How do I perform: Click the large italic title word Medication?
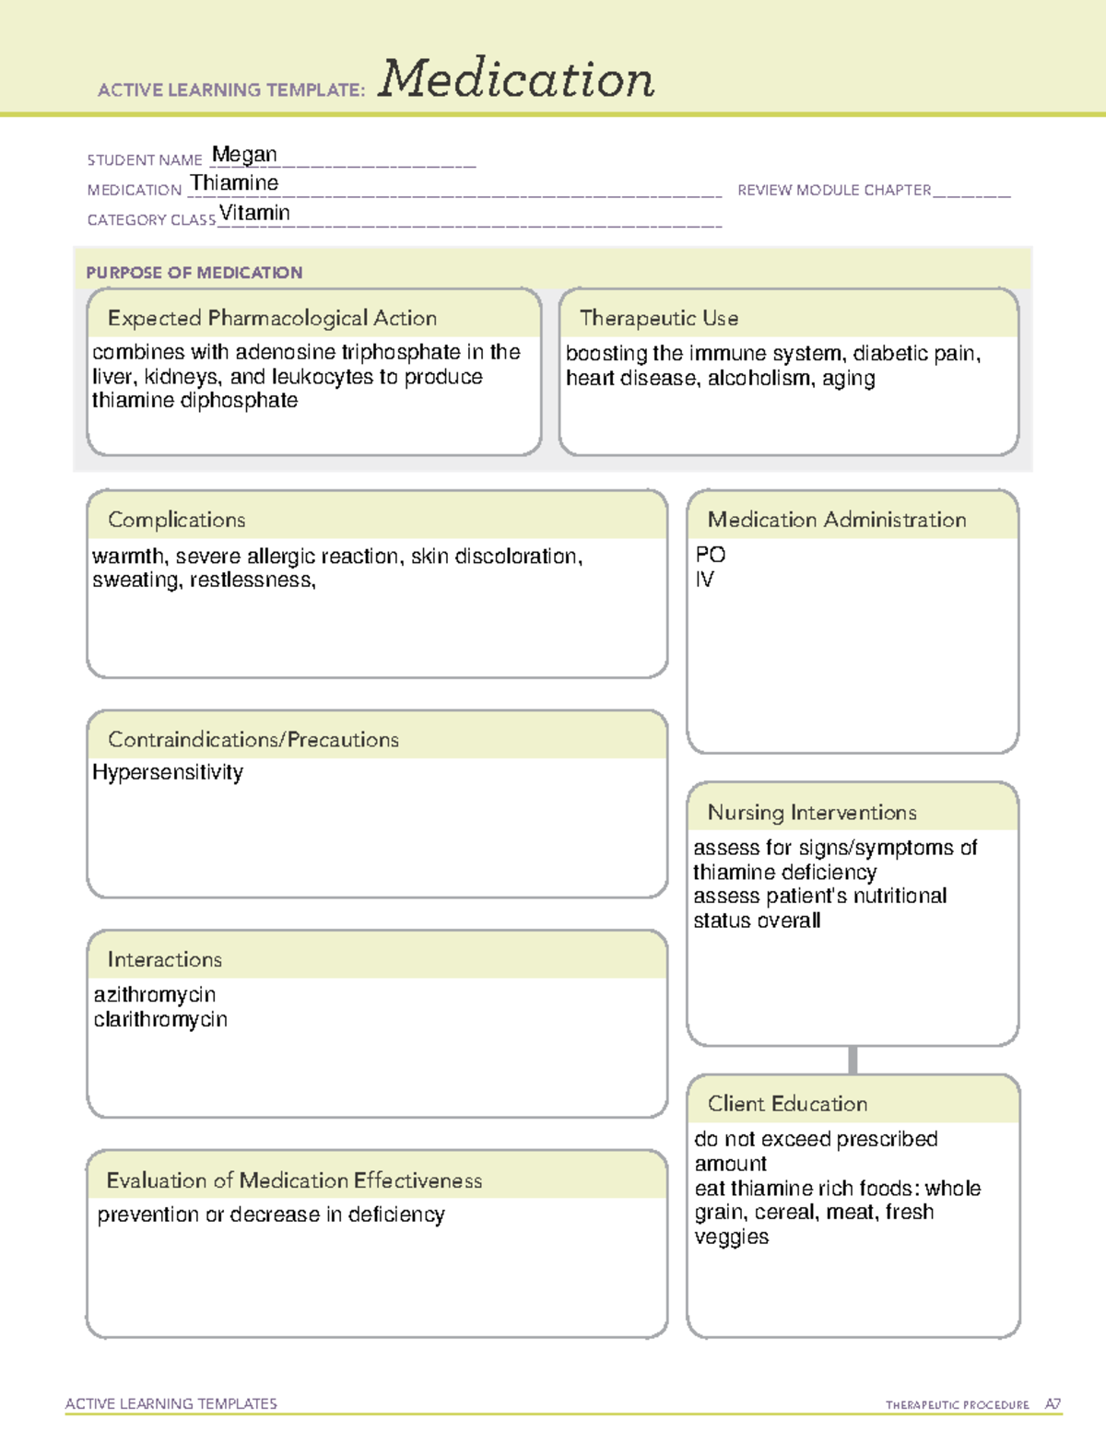click(x=516, y=79)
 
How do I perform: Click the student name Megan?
click(x=244, y=155)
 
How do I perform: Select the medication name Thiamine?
click(x=234, y=183)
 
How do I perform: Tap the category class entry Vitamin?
click(x=254, y=213)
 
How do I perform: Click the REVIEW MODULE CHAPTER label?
click(x=834, y=190)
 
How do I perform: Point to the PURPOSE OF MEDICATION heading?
click(x=194, y=273)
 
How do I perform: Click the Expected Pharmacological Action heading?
click(x=272, y=318)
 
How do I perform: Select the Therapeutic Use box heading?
click(x=658, y=318)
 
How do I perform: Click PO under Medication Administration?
click(x=711, y=555)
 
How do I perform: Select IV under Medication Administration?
click(x=704, y=580)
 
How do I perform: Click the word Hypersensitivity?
click(x=168, y=772)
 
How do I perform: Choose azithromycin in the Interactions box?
click(x=155, y=995)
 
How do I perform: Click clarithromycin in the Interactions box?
click(x=160, y=1020)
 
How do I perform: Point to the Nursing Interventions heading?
click(x=811, y=813)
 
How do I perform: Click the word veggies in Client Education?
click(x=731, y=1237)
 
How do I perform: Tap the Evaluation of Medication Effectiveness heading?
click(x=294, y=1180)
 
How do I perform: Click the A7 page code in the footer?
click(x=1052, y=1404)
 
